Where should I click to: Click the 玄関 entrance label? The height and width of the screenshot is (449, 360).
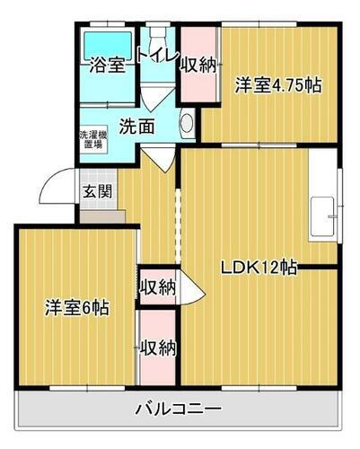click(x=98, y=190)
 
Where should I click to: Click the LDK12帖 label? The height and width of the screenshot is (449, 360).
click(x=260, y=267)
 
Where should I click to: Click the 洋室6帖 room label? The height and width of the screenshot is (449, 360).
click(x=78, y=308)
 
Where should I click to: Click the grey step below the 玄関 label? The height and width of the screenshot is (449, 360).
click(x=98, y=216)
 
